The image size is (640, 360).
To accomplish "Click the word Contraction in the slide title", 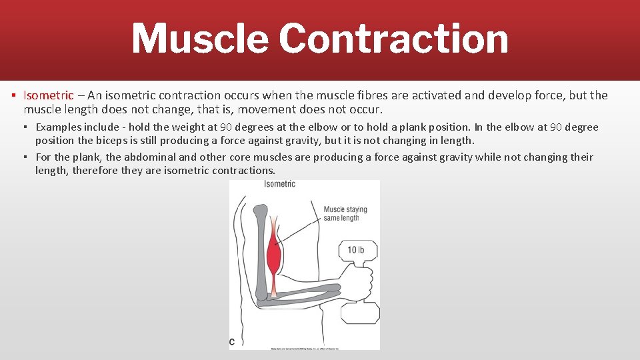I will [x=393, y=39].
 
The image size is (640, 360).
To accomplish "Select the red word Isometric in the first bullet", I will [x=49, y=95].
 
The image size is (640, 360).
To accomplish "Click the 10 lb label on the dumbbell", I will [x=356, y=251].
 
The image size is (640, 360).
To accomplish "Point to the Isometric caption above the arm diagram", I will [x=279, y=184].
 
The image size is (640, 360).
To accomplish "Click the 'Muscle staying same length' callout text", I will [x=345, y=213].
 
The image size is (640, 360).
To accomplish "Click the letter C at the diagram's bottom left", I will [x=232, y=341].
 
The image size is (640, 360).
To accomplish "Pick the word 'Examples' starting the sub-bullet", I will [x=59, y=127].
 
